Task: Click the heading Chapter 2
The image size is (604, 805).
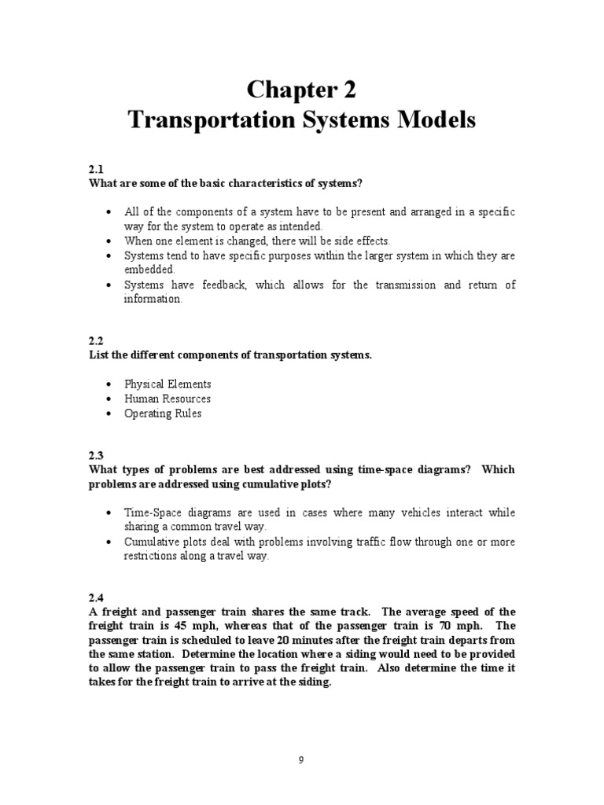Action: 302,90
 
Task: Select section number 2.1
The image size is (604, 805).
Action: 97,170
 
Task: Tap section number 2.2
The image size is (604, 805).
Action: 97,341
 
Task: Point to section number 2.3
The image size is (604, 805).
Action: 97,455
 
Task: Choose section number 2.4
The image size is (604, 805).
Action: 97,598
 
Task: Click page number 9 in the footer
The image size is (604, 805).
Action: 302,759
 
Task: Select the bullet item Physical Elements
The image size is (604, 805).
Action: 168,384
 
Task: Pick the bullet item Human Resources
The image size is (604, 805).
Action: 168,399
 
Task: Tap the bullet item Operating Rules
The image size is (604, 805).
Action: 163,414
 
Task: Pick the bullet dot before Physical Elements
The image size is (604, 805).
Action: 108,385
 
